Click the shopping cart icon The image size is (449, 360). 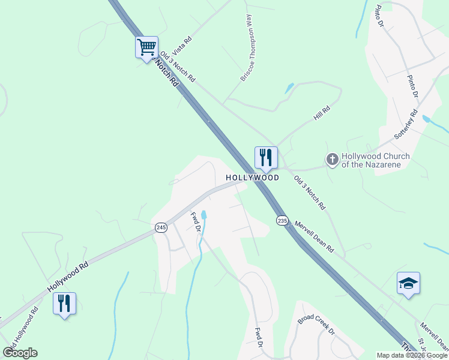pyautogui.click(x=146, y=47)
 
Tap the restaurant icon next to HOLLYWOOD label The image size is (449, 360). pyautogui.click(x=266, y=158)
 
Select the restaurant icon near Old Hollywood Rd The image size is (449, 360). pyautogui.click(x=64, y=303)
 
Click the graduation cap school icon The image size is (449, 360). pyautogui.click(x=408, y=283)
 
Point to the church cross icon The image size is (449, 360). pyautogui.click(x=332, y=160)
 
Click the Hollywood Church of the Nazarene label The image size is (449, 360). pyautogui.click(x=375, y=160)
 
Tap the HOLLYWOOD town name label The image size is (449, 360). pyautogui.click(x=252, y=178)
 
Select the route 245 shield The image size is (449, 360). pyautogui.click(x=161, y=227)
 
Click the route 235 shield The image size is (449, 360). pyautogui.click(x=283, y=221)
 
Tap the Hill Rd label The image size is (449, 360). pyautogui.click(x=322, y=113)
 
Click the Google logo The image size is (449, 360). pyautogui.click(x=20, y=353)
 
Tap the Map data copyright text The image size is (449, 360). pyautogui.click(x=412, y=355)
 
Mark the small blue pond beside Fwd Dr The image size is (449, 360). pyautogui.click(x=204, y=215)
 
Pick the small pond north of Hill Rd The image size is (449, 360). pyautogui.click(x=289, y=88)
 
